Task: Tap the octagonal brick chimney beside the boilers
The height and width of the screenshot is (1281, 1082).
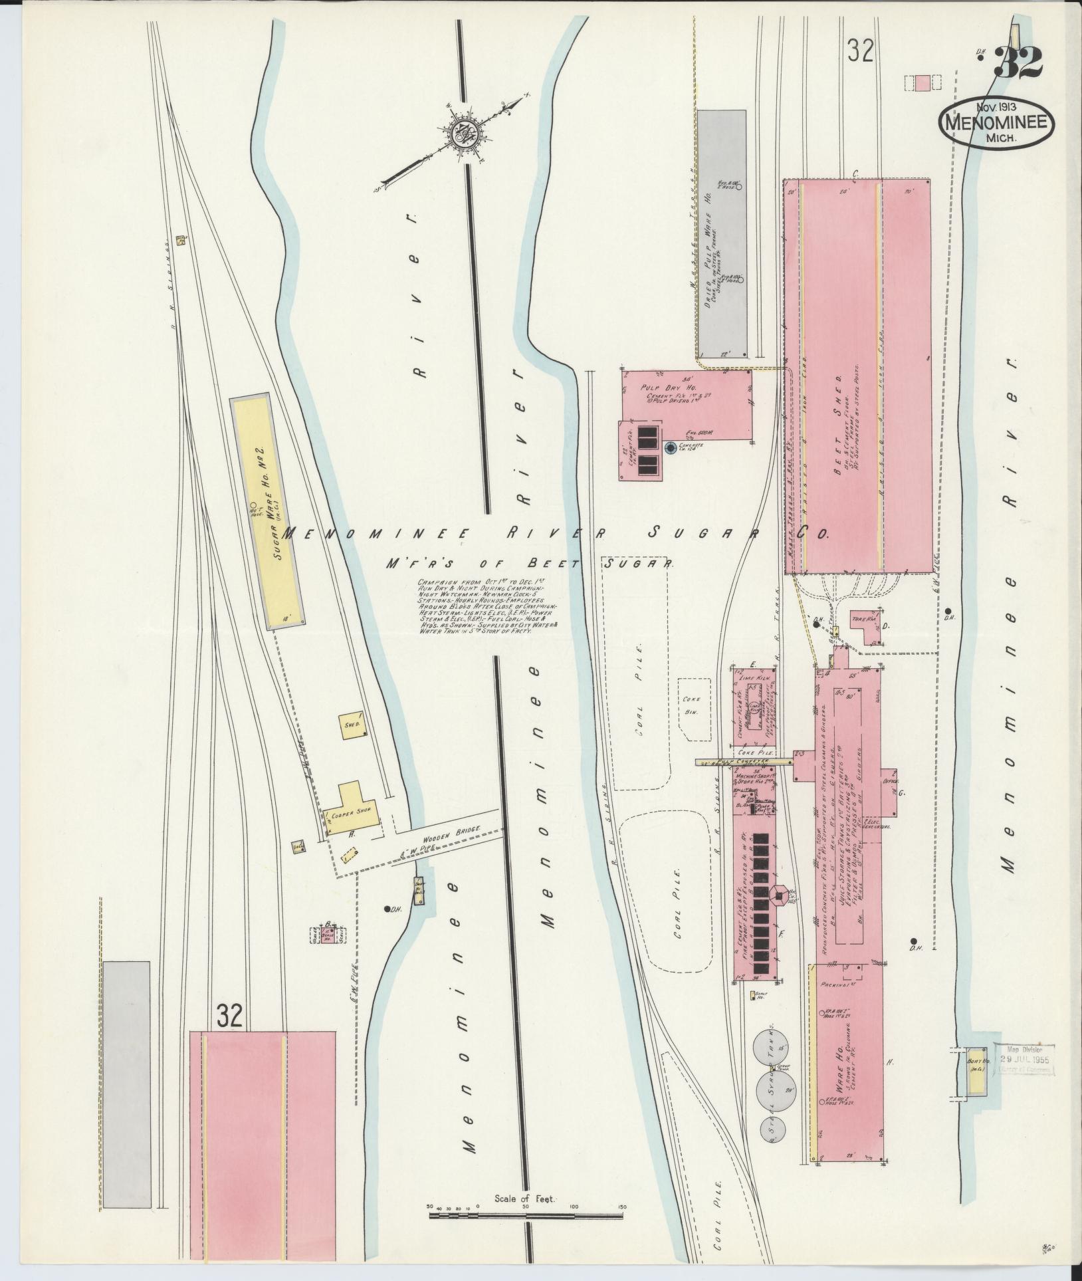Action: point(777,896)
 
